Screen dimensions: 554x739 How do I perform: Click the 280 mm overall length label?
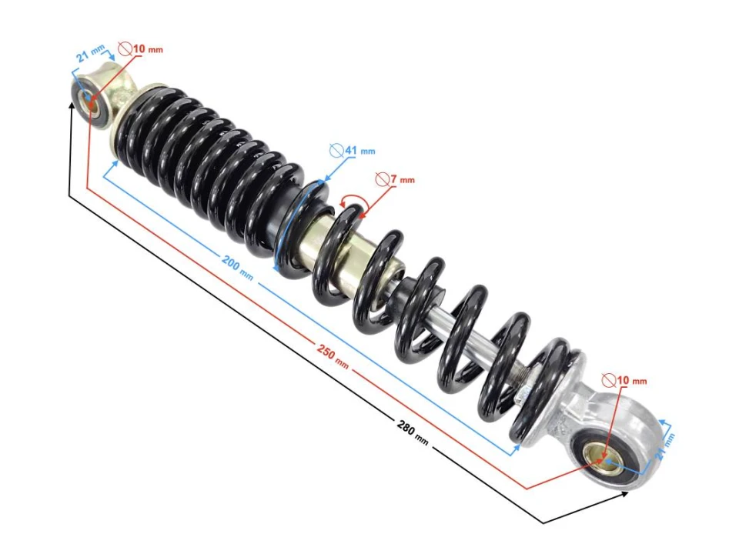pos(413,432)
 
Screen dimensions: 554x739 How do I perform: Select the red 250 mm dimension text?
pos(333,355)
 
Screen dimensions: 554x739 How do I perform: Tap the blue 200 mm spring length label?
pos(237,265)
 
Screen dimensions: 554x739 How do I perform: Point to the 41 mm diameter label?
pos(351,151)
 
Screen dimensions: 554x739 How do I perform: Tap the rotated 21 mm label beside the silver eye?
pos(667,446)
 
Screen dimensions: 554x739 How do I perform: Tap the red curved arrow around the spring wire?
pos(354,202)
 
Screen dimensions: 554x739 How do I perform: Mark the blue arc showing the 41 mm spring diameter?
pos(292,223)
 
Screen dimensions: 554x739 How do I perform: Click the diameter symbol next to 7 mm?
pos(381,179)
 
